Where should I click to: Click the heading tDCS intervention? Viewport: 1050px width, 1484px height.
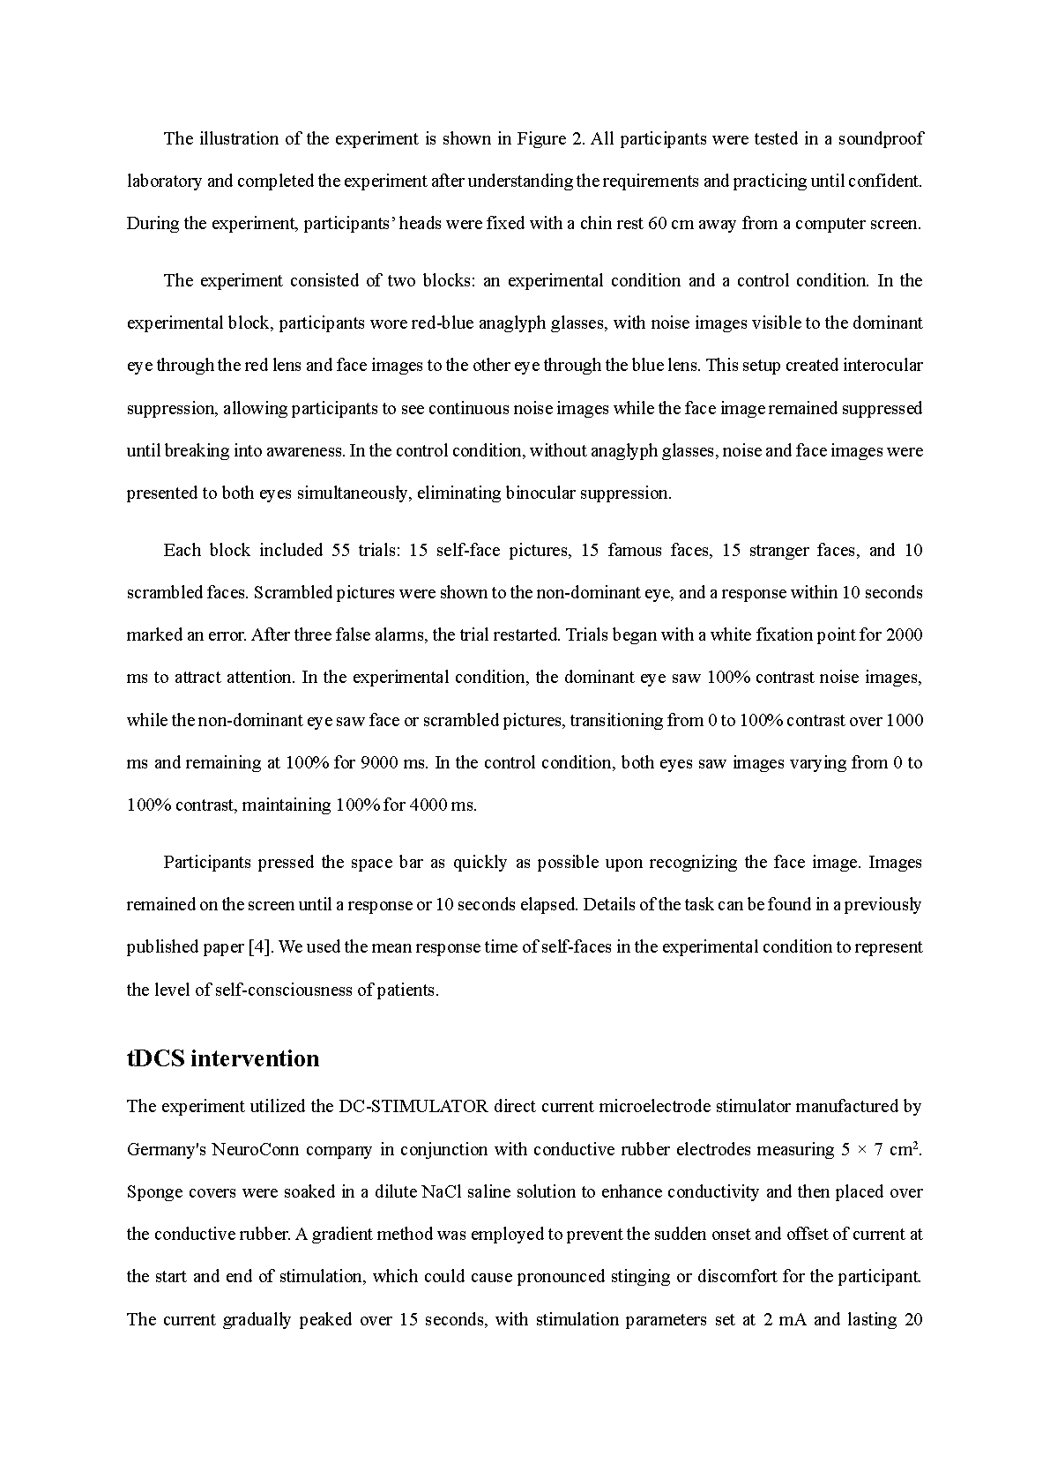point(223,1058)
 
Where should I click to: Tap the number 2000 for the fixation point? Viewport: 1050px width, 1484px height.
point(904,634)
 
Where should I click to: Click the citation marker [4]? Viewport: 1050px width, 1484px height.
point(259,946)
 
